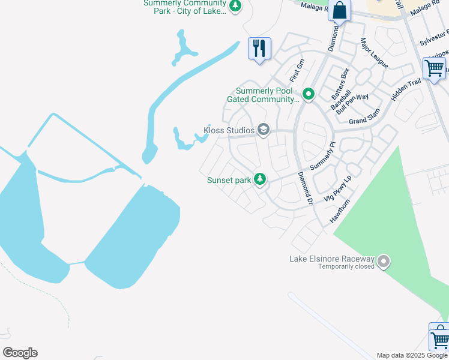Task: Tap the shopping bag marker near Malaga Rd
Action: (339, 11)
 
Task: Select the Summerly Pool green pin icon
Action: (309, 94)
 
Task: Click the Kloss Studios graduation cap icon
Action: (262, 130)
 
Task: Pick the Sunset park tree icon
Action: (260, 179)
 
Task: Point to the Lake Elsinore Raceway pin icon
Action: (384, 262)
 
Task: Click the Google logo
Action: (20, 353)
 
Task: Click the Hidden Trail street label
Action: (406, 89)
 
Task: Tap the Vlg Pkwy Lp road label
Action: (337, 189)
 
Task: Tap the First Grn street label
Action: (297, 70)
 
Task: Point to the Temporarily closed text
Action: (347, 266)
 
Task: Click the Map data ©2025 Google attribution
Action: (412, 355)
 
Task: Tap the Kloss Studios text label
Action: (229, 130)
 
